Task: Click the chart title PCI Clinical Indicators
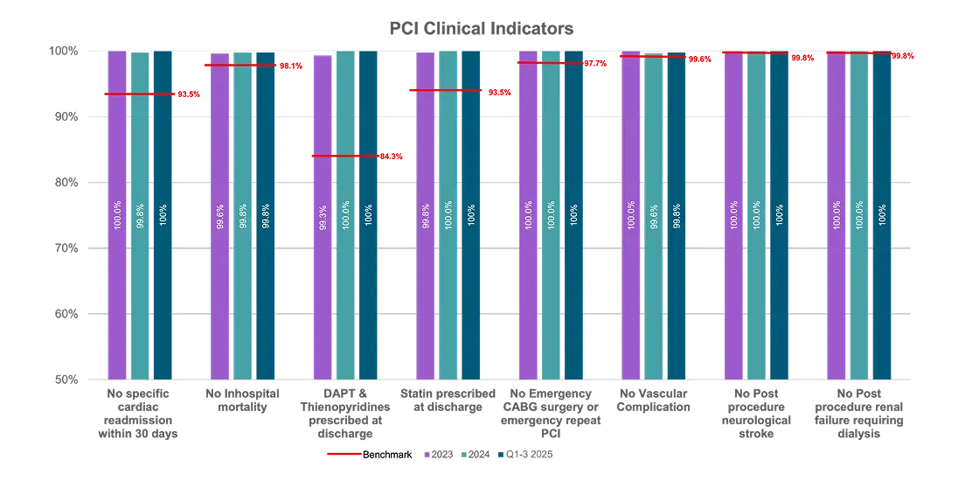coord(481,28)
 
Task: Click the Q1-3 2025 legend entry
coord(524,455)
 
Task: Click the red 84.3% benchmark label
coord(392,157)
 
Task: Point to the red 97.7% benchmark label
coord(595,64)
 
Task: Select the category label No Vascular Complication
coord(653,401)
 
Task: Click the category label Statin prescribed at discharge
coord(448,401)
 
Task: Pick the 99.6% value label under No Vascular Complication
coord(653,215)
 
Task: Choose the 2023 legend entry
coord(438,455)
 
